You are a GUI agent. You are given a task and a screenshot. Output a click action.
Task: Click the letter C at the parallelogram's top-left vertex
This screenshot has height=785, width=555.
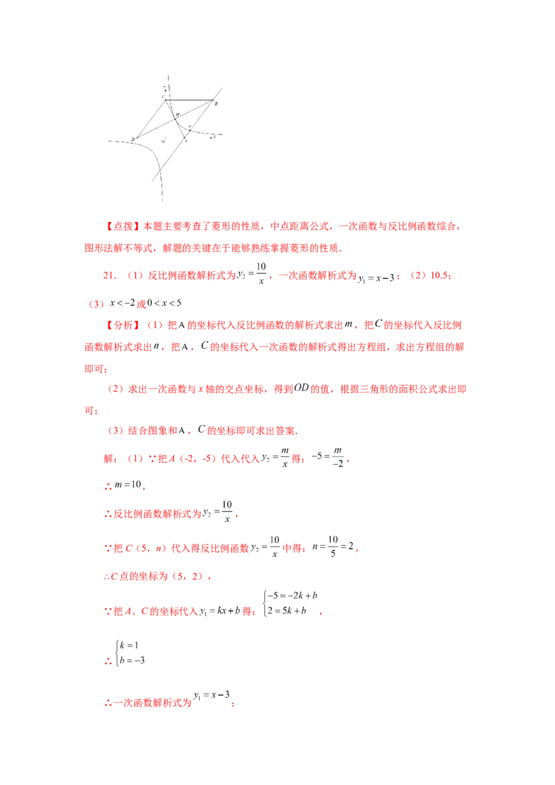tap(164, 96)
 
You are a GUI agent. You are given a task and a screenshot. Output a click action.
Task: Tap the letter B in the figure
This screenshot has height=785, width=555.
tap(216, 103)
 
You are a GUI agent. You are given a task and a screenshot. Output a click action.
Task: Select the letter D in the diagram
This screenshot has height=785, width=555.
tap(133, 139)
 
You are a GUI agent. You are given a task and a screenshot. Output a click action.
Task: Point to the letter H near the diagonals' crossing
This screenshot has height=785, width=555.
tap(177, 113)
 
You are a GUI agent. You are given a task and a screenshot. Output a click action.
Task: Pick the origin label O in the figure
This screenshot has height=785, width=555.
tap(164, 141)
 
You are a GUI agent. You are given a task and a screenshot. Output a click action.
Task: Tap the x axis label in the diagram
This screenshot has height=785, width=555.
tap(214, 137)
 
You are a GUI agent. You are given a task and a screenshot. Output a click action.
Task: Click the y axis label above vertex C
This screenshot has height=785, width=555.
tap(164, 87)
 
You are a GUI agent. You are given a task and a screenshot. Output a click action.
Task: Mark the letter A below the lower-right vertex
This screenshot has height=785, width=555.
tap(185, 140)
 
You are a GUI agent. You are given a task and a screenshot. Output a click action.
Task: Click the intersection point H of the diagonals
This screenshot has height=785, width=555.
tap(175, 118)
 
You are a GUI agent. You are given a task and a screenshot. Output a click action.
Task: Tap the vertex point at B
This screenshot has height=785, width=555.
tap(212, 100)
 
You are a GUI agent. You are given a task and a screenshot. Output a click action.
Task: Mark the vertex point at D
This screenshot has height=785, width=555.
tap(136, 137)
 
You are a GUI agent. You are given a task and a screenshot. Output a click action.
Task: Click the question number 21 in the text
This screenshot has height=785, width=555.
tap(107, 275)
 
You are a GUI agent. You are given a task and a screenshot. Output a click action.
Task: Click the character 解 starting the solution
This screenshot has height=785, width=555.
tap(107, 458)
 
